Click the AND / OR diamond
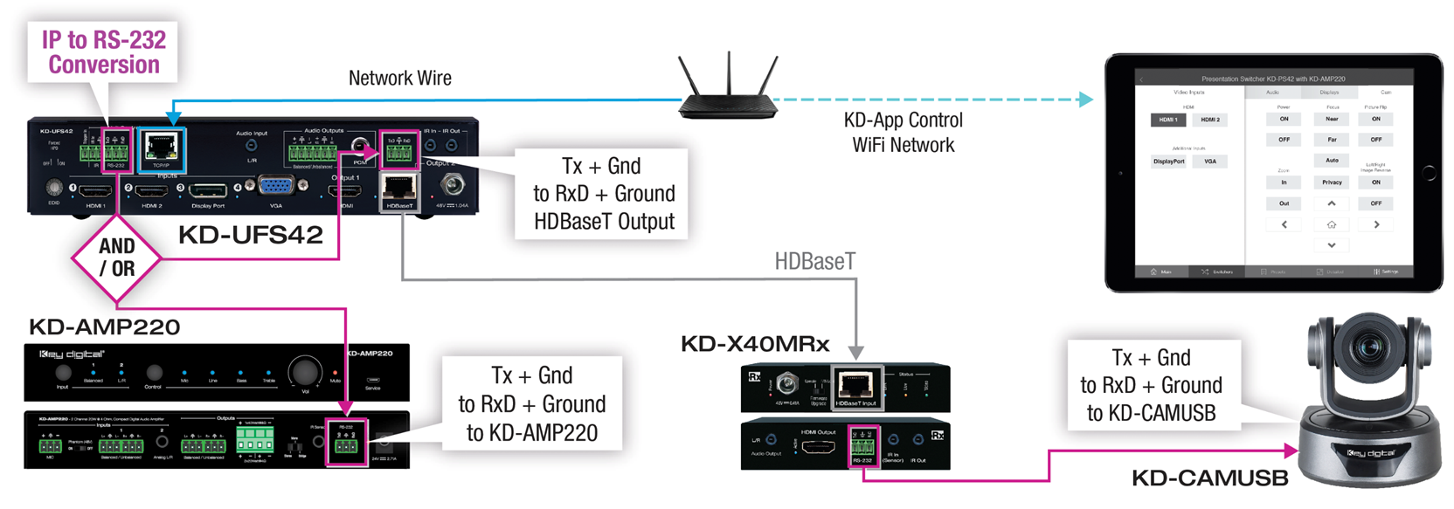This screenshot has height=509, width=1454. pos(116,258)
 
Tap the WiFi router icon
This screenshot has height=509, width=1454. pos(728,86)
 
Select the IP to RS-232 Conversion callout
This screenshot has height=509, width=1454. pos(103,52)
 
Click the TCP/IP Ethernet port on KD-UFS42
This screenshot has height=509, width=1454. pos(162,148)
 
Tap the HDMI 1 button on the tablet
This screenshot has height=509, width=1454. pos(1168,120)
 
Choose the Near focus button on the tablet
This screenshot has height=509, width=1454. pos(1332,119)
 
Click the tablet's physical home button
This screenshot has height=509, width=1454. pos(1429,173)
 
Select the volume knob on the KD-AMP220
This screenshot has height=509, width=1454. pos(304,372)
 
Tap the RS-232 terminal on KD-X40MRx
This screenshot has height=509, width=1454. pos(862,448)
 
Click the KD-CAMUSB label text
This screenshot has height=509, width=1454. pos(1209,478)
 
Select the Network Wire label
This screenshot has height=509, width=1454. pos(399,79)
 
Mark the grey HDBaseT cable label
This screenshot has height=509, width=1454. pos(814,261)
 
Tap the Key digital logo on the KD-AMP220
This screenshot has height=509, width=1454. pos(72,354)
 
